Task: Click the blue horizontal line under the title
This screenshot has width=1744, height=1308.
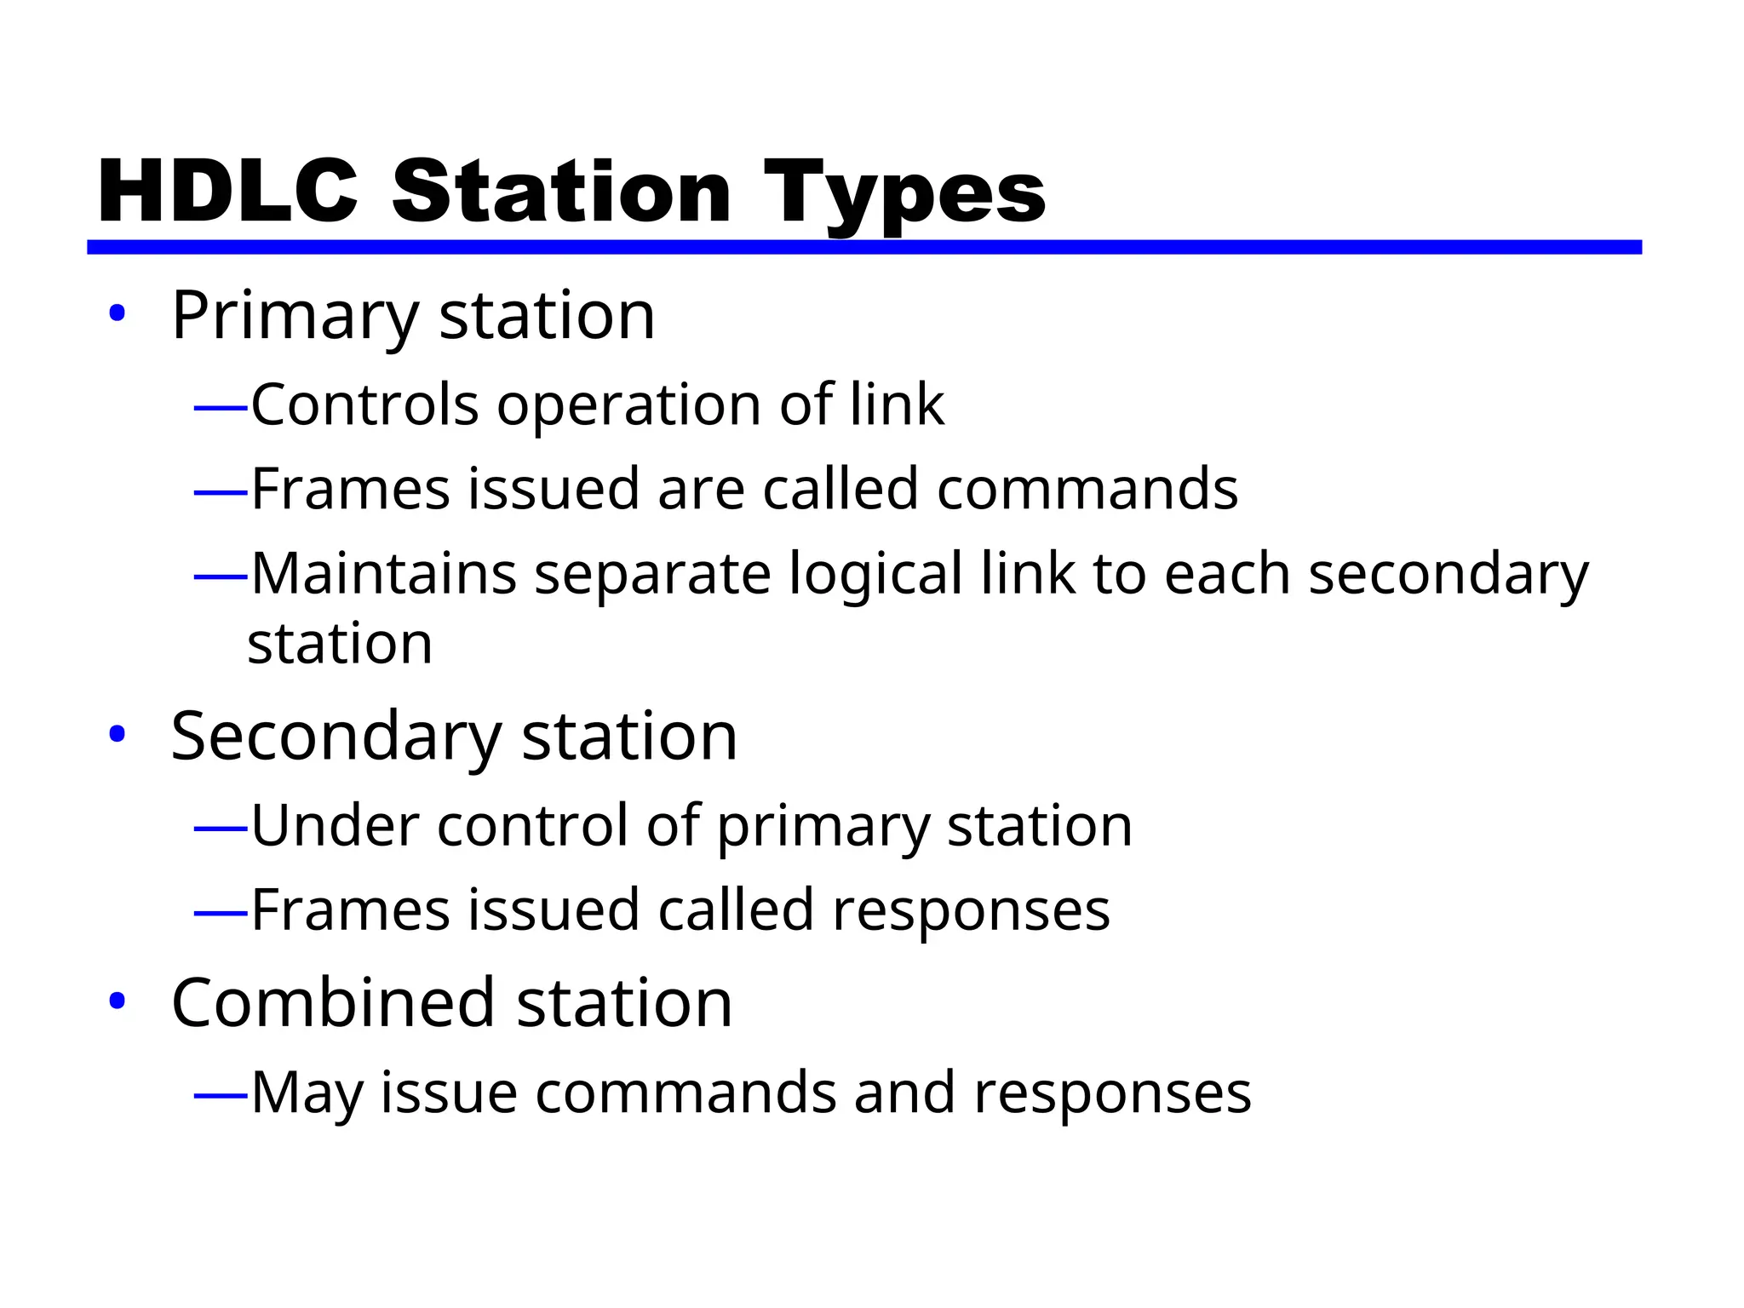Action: [x=863, y=247]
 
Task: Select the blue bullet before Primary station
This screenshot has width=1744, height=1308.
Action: [x=118, y=313]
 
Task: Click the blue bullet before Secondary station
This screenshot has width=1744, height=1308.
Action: [x=118, y=734]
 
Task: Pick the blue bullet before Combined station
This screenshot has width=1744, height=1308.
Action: [x=118, y=1001]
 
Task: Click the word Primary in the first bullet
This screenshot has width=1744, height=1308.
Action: [x=295, y=317]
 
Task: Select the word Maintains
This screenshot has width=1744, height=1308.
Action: [x=383, y=574]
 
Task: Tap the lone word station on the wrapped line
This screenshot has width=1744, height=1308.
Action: [x=340, y=644]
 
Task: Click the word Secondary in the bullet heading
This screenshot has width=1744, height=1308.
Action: [x=336, y=737]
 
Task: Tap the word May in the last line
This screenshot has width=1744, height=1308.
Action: [x=307, y=1093]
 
